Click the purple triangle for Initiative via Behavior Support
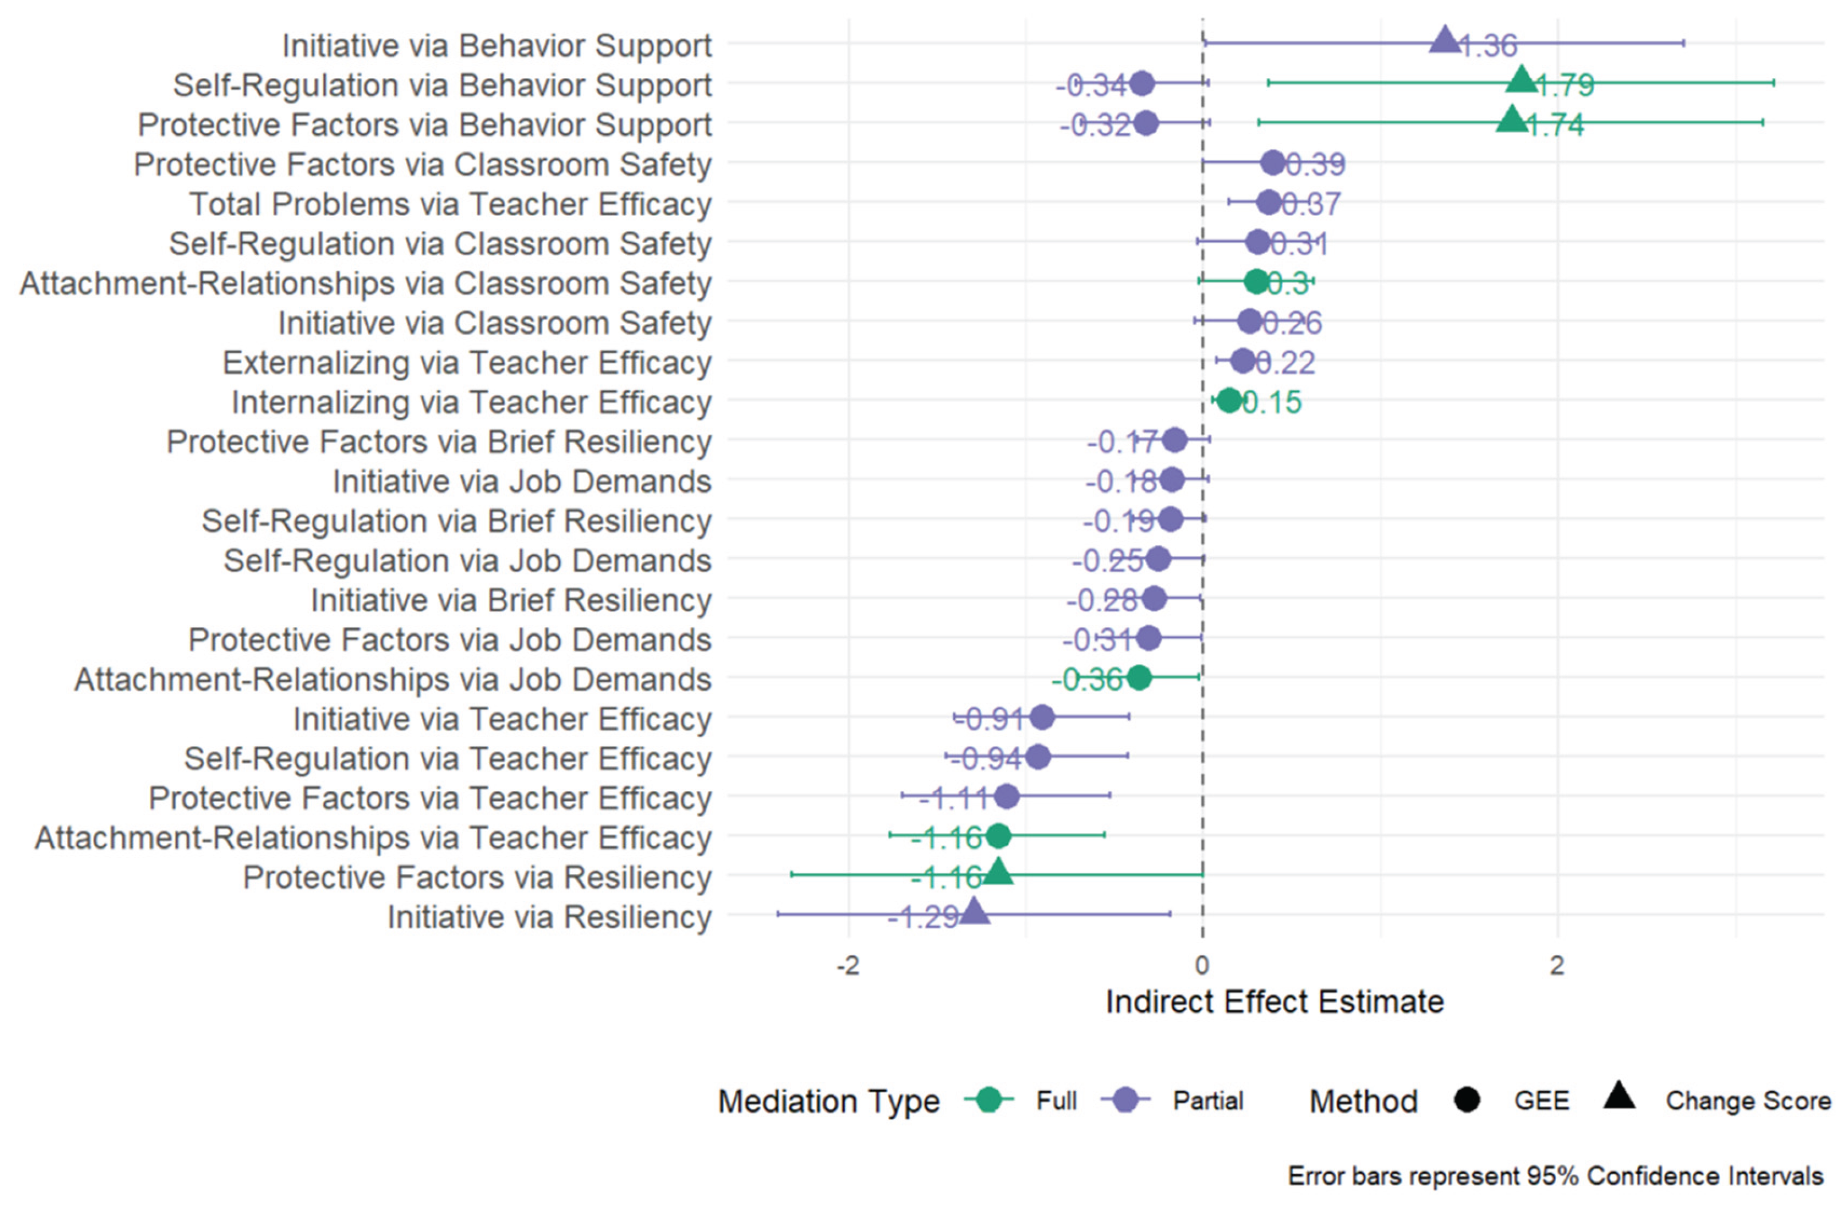pos(1444,40)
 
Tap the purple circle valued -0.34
pos(1142,83)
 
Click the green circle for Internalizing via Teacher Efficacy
pos(1229,401)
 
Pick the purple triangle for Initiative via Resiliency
pos(974,912)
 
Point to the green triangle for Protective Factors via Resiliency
pos(998,872)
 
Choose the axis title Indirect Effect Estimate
pos(1274,1002)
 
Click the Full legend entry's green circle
pos(989,1100)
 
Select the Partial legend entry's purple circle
pos(1125,1100)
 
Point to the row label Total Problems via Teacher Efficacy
pos(450,204)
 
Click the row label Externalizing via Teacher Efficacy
pos(467,362)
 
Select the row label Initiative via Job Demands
pos(522,481)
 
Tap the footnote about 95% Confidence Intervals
pos(1555,1176)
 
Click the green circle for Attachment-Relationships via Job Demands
pos(1138,678)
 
